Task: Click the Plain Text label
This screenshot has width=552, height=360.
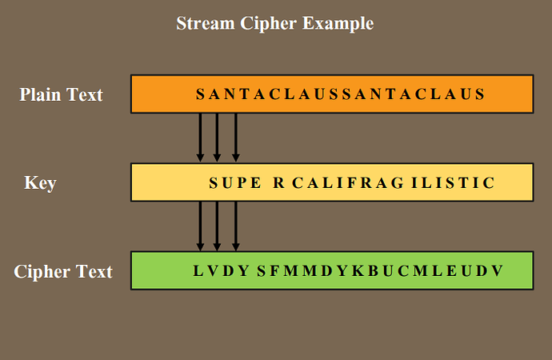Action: click(62, 94)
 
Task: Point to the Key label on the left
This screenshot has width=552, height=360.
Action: click(40, 183)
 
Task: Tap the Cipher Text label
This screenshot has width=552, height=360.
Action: click(63, 271)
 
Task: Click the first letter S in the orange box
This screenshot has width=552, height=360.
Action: click(200, 94)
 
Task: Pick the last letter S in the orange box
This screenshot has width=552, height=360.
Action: click(480, 94)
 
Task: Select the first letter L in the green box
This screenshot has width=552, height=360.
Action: click(198, 271)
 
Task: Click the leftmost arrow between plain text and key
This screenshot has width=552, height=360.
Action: click(200, 138)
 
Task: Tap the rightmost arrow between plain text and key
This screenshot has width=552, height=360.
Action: click(235, 138)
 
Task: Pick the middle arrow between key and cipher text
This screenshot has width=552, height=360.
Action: click(218, 226)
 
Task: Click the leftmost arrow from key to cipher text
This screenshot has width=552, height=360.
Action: click(200, 226)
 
